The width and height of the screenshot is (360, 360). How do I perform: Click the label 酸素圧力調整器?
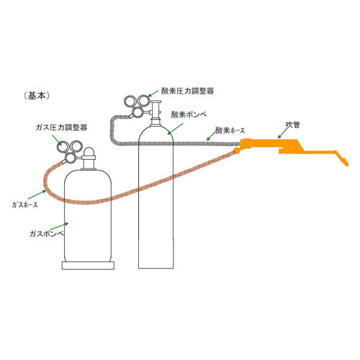tap(187, 91)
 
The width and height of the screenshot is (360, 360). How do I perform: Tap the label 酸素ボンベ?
tap(189, 114)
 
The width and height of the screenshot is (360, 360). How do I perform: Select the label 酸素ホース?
tap(230, 130)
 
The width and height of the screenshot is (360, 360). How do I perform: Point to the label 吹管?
tap(293, 125)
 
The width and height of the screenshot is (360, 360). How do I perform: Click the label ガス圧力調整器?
tap(61, 127)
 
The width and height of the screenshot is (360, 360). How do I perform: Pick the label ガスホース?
tap(25, 204)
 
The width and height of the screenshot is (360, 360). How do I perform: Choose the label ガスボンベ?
tap(47, 233)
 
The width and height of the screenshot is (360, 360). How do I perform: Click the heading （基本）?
tap(37, 96)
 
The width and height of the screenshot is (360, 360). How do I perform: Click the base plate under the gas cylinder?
tap(88, 266)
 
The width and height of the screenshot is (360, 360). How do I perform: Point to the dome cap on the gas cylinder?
tap(89, 152)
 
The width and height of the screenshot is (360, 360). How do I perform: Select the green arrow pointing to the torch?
tap(284, 132)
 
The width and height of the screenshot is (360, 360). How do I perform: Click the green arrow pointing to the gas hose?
tap(37, 194)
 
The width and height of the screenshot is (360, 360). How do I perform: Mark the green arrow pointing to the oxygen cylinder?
tap(175, 129)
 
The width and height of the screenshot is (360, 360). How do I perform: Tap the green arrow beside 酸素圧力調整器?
tap(153, 94)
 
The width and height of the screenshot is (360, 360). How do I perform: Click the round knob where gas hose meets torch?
tap(236, 150)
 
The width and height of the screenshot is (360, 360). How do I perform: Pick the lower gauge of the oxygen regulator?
tap(138, 112)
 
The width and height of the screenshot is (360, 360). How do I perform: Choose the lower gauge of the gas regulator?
tap(71, 158)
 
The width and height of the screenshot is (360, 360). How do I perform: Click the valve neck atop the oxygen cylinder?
tap(156, 114)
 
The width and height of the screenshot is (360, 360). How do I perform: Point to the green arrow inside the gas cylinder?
tap(59, 226)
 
